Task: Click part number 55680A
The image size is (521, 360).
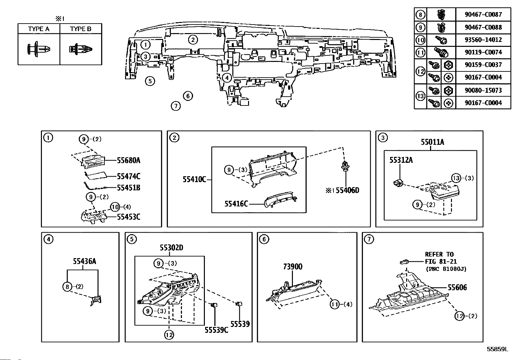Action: point(129,160)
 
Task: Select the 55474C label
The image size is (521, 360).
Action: point(129,176)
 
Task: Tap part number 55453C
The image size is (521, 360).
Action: point(129,217)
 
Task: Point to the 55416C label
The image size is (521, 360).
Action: point(236,204)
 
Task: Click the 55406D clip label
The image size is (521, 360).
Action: point(348,190)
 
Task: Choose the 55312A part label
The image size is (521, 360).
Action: point(401,160)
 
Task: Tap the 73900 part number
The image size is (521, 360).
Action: point(293,267)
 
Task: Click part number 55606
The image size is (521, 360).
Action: point(457,288)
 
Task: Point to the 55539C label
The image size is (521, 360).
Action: point(216,330)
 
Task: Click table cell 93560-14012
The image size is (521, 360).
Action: point(483,40)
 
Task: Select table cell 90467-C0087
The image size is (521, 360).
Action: point(483,14)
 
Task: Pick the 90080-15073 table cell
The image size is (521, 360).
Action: point(483,90)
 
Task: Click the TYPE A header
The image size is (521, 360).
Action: point(39,29)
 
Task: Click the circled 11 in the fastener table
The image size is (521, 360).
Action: point(421,52)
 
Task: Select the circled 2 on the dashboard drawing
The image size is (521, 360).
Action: point(193,40)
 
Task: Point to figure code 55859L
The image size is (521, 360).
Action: point(497,349)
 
